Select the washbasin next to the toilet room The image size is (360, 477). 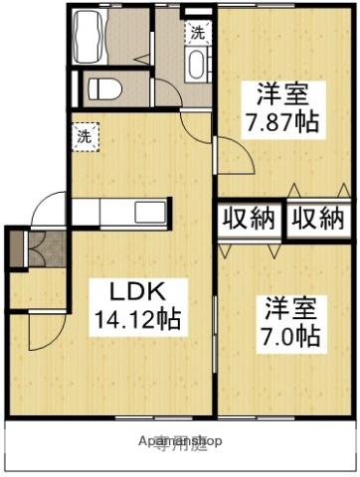(x=197, y=69)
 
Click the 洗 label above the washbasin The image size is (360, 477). (x=197, y=31)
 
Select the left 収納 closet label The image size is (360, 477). (x=249, y=219)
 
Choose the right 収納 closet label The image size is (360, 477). (x=317, y=219)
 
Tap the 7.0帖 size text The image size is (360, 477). (x=291, y=335)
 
